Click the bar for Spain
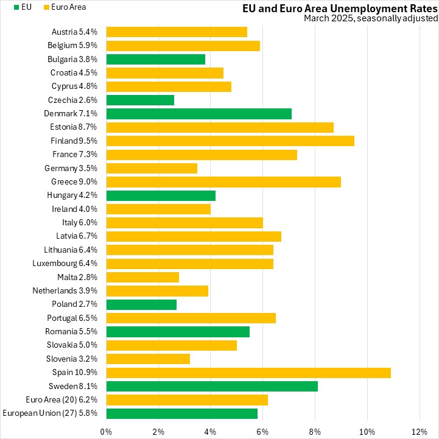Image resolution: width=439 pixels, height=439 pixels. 248,372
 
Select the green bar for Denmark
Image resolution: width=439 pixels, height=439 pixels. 198,113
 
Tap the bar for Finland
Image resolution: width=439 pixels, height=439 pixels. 230,141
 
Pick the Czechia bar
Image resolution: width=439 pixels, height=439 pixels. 140,100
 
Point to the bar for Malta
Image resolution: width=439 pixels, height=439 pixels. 142,277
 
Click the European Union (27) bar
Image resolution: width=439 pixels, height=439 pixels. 181,413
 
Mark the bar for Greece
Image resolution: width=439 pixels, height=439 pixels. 223,181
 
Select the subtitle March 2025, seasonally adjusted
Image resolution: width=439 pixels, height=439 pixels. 371,18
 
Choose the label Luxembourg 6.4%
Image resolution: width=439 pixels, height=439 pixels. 67,264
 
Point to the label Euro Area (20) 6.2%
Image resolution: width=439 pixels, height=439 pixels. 63,399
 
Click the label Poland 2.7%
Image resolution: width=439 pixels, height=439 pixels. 77,304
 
